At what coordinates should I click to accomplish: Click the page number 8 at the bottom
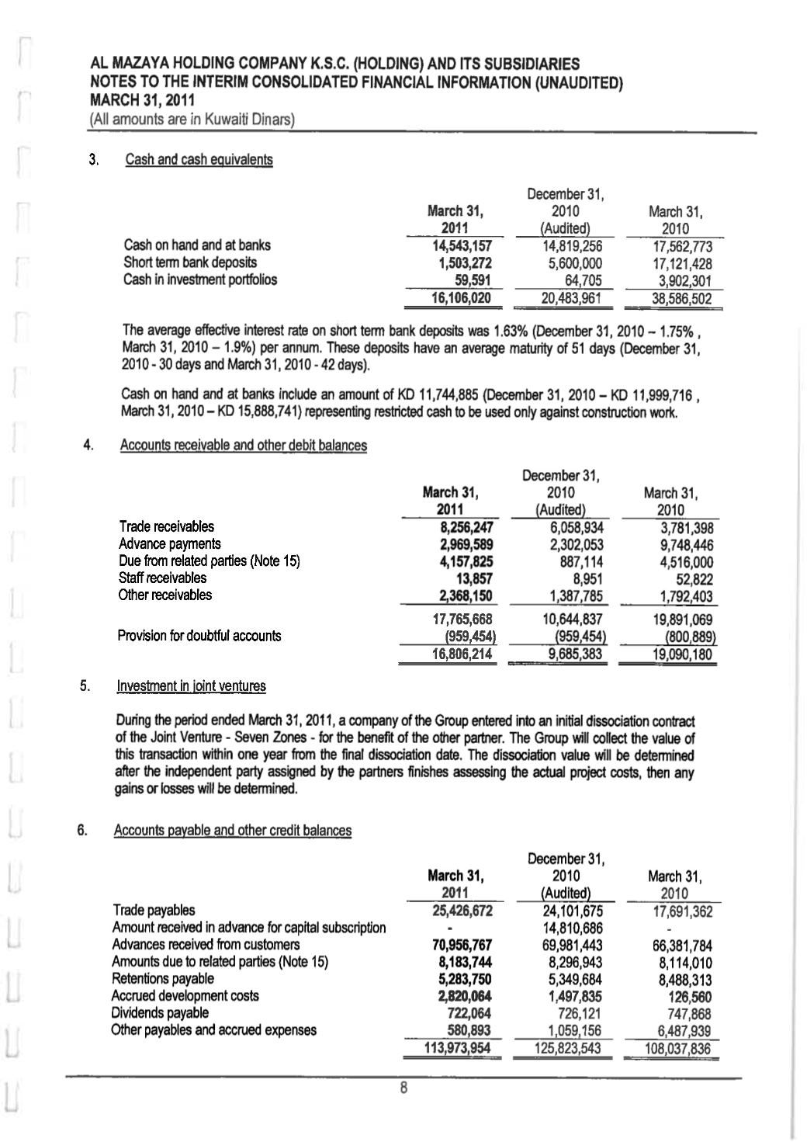tap(403, 1088)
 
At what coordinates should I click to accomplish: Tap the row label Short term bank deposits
tap(190, 262)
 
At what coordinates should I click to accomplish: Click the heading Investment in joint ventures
tap(191, 686)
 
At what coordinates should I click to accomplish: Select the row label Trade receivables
tap(166, 526)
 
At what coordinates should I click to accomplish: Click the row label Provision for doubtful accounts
tap(199, 636)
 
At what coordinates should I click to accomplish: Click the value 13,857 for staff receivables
tap(475, 578)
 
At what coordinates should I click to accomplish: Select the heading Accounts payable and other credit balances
tap(232, 831)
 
